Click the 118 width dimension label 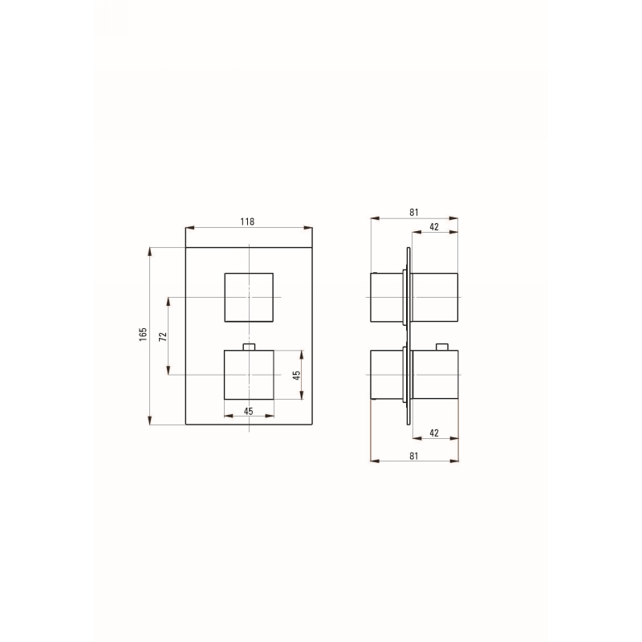[247, 221]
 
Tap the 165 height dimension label [143, 335]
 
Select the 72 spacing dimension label [163, 336]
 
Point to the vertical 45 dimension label [297, 375]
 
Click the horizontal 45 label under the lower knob [249, 411]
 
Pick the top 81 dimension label [414, 212]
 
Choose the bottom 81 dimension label [414, 456]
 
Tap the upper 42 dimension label [434, 227]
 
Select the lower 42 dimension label [434, 433]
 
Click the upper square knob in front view [249, 297]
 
